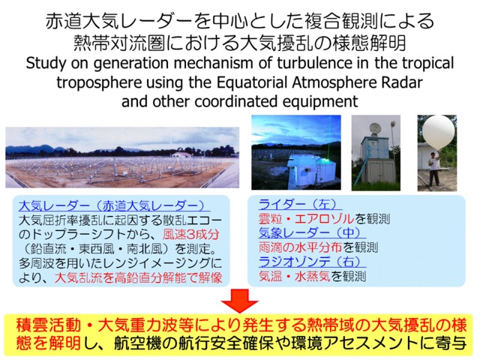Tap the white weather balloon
point(438,132)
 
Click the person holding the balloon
point(433,168)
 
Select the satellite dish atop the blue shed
point(375,128)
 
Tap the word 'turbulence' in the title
point(314,63)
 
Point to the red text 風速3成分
point(191,235)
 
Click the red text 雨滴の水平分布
point(300,247)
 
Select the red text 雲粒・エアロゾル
point(307,218)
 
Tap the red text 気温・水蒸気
point(295,276)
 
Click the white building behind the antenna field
point(181,154)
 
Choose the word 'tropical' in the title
point(428,64)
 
